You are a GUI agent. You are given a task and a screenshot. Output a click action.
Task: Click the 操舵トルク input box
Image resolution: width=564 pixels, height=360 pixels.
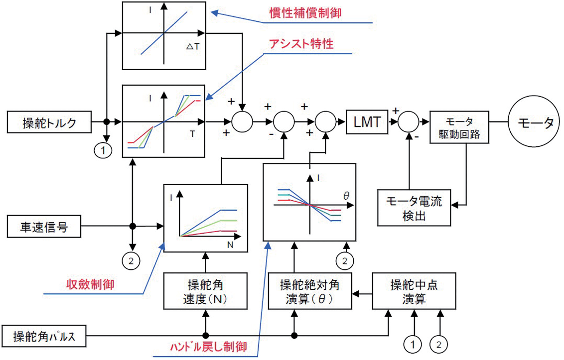(x=49, y=122)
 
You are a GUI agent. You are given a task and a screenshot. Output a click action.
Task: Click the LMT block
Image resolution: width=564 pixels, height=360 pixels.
(x=367, y=122)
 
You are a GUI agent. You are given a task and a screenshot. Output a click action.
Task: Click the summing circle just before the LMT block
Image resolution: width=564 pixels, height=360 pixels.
(x=326, y=122)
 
